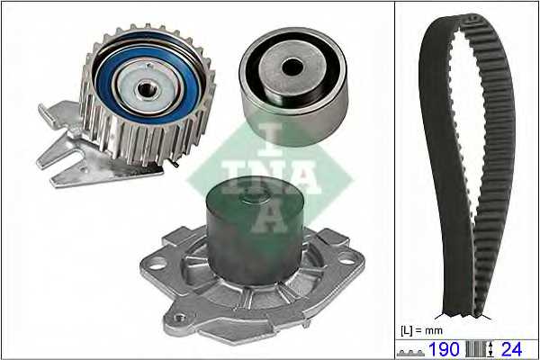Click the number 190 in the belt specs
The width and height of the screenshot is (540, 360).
pyautogui.click(x=444, y=349)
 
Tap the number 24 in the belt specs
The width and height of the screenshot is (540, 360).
pyautogui.click(x=512, y=349)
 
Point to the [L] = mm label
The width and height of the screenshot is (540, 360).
pyautogui.click(x=421, y=330)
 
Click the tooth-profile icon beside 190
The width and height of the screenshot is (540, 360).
pyautogui.click(x=410, y=353)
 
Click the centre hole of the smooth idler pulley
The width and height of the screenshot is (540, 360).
pyautogui.click(x=292, y=67)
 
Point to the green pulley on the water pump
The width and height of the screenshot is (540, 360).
pyautogui.click(x=255, y=229)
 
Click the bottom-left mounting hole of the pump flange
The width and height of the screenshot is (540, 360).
pyautogui.click(x=179, y=318)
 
